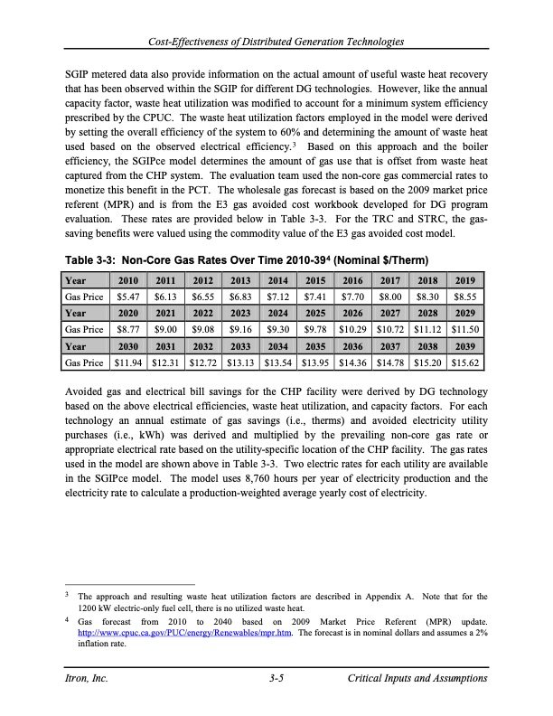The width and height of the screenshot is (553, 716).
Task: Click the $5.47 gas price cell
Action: coord(128,270)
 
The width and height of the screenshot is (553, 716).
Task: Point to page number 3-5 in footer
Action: coord(276,678)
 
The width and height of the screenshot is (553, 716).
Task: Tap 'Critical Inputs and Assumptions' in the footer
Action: coord(417,678)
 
